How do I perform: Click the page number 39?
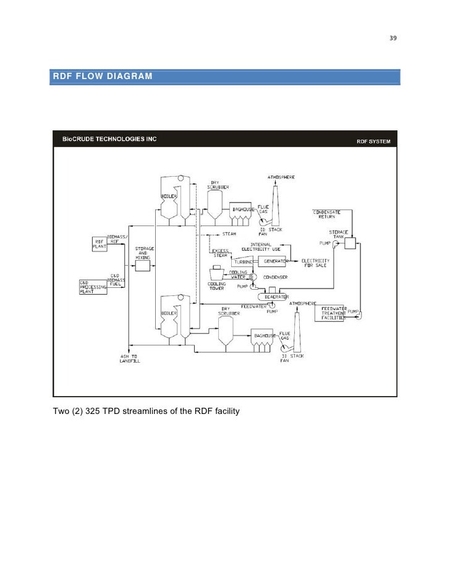392,38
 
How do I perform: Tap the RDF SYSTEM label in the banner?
373,141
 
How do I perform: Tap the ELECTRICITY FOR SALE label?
315,263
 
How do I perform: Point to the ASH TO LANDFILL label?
130,358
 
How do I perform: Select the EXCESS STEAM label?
221,253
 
